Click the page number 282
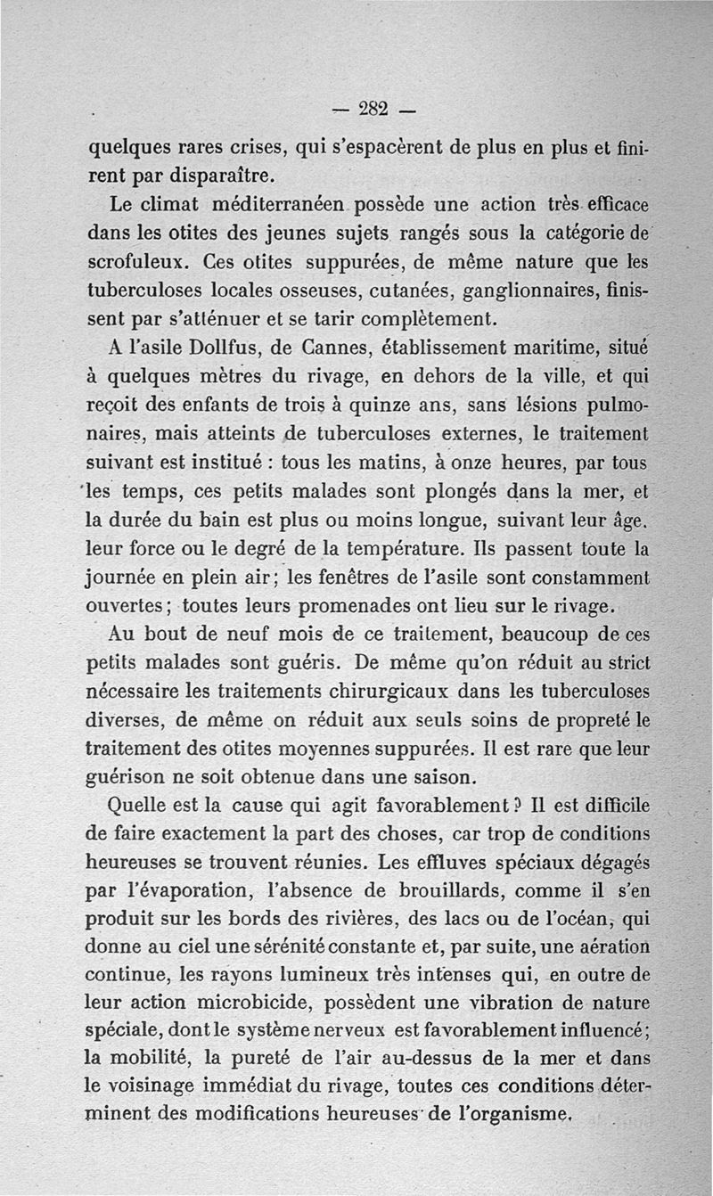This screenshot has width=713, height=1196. pos(371,109)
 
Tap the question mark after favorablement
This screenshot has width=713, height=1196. pos(512,807)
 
